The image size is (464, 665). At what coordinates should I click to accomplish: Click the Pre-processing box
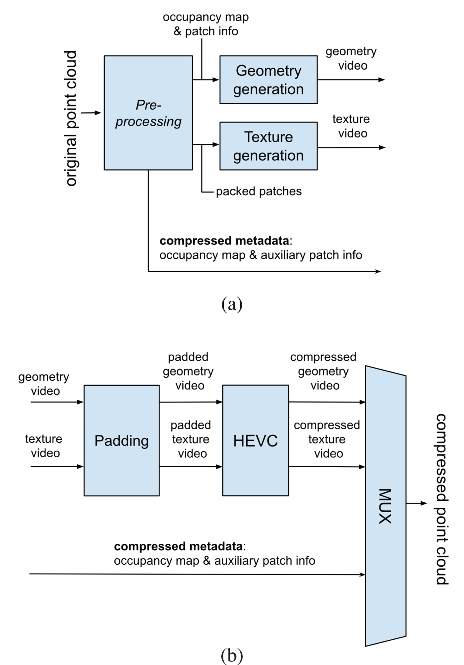pos(148,113)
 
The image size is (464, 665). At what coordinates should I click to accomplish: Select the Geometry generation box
pos(268,80)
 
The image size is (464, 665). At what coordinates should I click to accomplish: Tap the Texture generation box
pos(268,146)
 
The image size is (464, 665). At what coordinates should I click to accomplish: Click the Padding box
pos(122,440)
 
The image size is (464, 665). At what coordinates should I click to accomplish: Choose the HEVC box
pos(256,440)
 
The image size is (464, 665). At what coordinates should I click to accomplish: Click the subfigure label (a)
pos(232,304)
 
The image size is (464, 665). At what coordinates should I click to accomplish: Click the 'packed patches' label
pos(259,191)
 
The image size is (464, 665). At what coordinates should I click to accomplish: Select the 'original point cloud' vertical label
pos(71,118)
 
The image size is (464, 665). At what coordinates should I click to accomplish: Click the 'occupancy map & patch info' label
pos(206,24)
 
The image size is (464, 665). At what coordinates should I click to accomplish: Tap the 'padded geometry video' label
pos(188,371)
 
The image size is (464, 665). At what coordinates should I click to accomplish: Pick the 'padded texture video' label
pos(191,439)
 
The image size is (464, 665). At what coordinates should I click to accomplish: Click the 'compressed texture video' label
pos(327,439)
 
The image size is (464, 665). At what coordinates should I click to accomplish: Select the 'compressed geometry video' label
pos(323,371)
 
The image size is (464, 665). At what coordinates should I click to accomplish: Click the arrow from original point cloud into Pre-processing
pos(91,113)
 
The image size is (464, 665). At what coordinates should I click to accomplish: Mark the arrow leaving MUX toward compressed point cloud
pos(417,503)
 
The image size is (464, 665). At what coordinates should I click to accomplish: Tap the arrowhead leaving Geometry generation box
pos(381,80)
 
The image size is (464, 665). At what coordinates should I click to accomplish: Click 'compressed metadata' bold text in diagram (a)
pos(224,241)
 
